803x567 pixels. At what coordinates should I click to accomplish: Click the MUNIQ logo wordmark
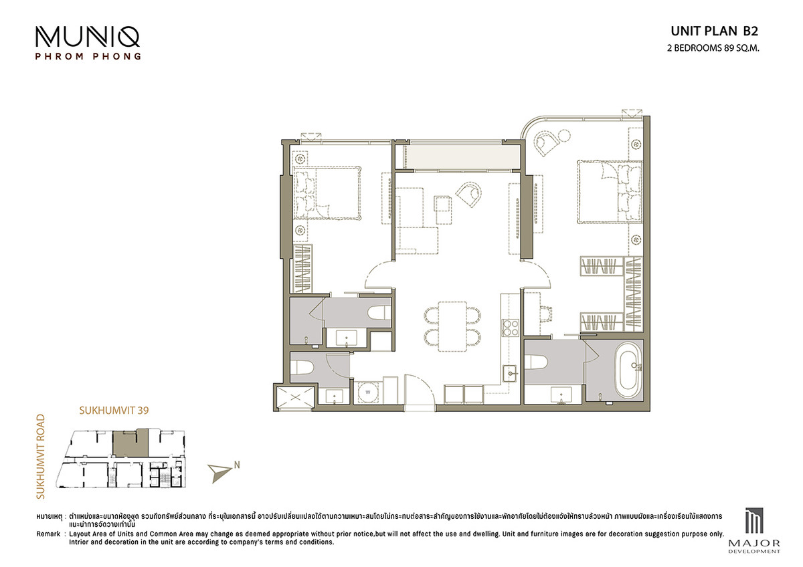[88, 37]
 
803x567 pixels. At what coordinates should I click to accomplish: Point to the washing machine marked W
[367, 392]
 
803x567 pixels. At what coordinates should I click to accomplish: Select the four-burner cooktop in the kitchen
[511, 328]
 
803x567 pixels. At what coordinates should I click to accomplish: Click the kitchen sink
[509, 374]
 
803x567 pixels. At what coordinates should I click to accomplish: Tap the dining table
[452, 326]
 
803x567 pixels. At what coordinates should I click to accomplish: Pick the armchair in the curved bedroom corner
[547, 142]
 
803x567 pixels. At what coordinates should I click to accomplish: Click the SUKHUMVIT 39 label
[114, 411]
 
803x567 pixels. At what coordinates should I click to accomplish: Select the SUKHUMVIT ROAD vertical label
[41, 456]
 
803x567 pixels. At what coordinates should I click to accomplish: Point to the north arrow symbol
[219, 473]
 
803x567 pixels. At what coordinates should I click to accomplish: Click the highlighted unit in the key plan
[130, 443]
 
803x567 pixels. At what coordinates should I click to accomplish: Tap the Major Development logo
[754, 530]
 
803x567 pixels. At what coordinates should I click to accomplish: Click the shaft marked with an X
[295, 397]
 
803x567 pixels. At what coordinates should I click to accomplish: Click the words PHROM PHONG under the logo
[88, 56]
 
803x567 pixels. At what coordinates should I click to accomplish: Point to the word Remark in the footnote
[48, 534]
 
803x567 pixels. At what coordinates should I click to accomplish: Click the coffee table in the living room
[443, 210]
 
